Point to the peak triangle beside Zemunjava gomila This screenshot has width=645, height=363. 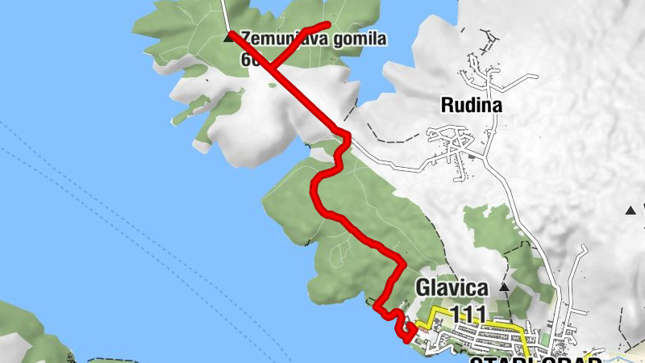click(x=228, y=37)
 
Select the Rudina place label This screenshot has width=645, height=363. click(x=472, y=105)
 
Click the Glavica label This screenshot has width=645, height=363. click(x=452, y=287)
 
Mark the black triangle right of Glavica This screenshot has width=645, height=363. click(x=505, y=286)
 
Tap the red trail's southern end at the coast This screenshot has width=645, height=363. click(x=404, y=336)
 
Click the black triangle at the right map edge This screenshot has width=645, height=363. click(x=630, y=211)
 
